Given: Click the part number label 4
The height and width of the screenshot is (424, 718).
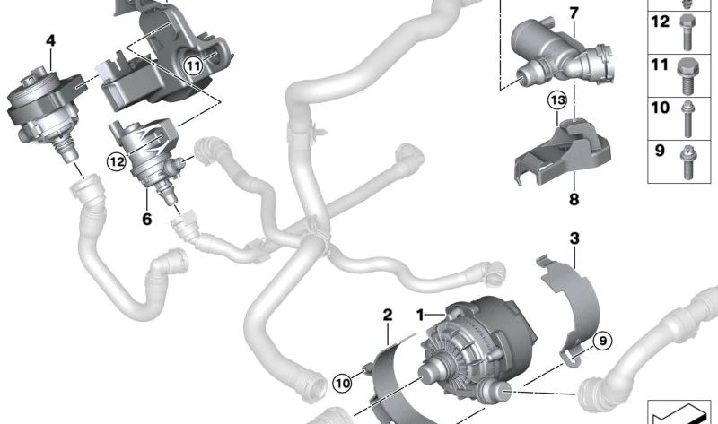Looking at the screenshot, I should coord(50,39).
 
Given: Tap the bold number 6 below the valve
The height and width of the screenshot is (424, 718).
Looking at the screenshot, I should coord(146,218).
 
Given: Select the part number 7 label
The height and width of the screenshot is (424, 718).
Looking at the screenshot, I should coord(574,13).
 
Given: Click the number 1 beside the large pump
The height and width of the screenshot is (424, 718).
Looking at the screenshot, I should coord(418,315).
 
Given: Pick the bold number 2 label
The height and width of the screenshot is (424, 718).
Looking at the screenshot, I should coord(388,315).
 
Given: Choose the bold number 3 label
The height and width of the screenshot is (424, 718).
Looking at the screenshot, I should coord(574,238).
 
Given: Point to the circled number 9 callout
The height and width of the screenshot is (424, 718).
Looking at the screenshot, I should coord(601,341).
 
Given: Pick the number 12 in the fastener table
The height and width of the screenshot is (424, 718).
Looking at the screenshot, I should coord(660,22).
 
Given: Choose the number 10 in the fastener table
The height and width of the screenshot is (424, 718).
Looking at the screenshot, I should coord(660,108).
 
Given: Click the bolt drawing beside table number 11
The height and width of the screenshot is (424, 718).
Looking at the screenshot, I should coord(687,70).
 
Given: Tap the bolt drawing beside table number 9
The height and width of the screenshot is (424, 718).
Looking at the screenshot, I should coord(687,154).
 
